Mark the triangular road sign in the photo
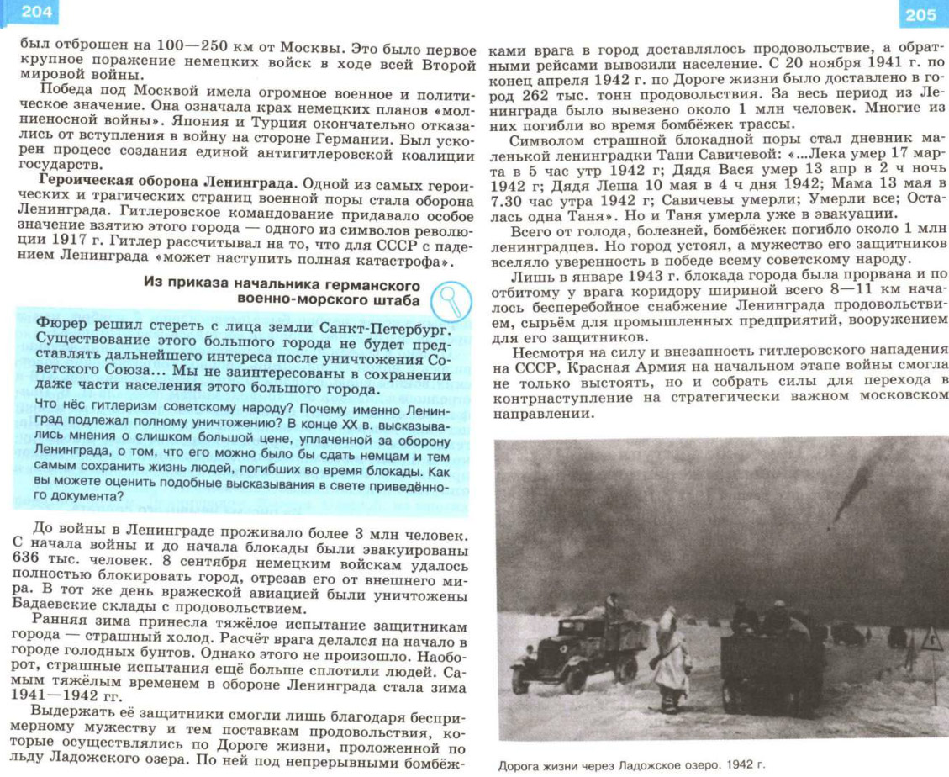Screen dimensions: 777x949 pyautogui.click(x=931, y=642)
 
